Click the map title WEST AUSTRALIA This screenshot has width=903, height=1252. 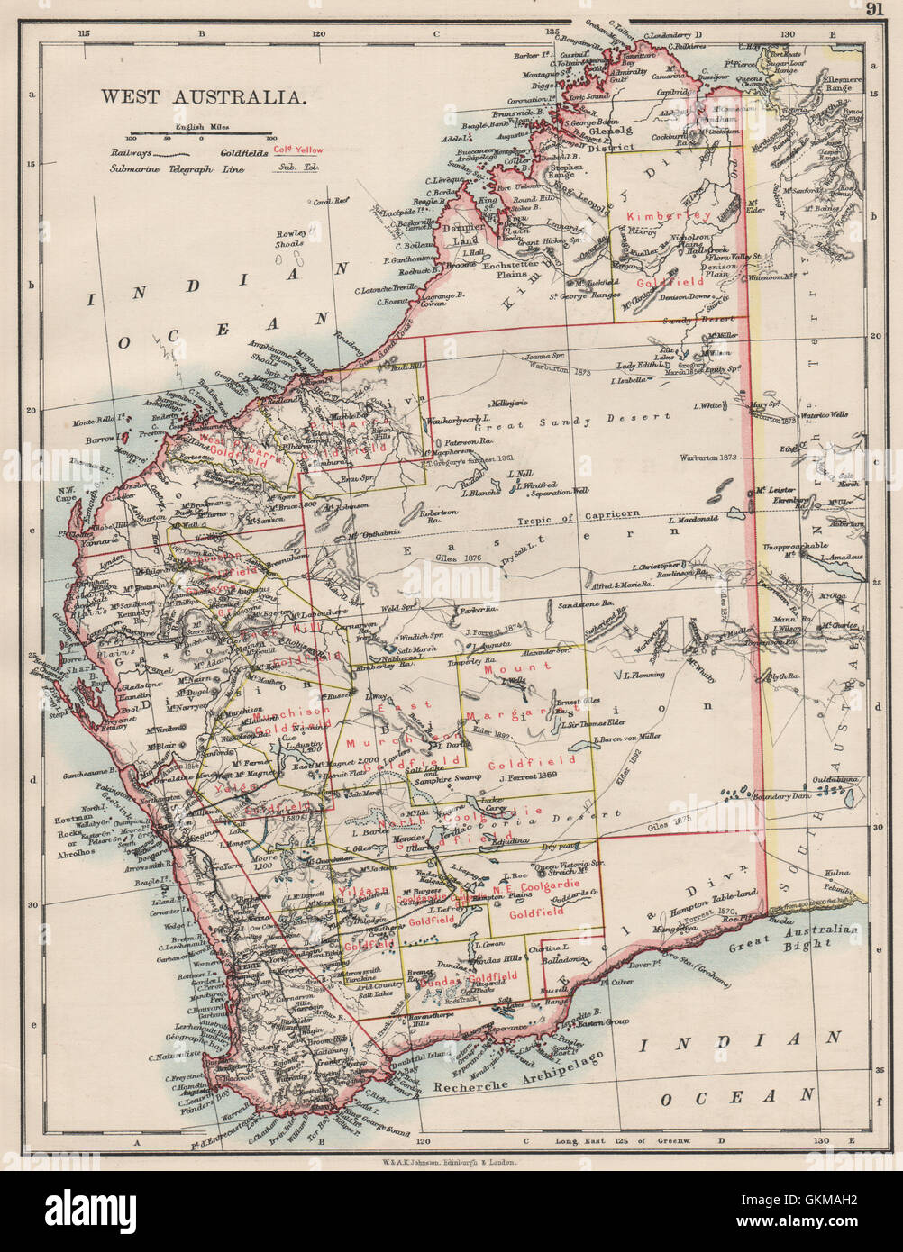pyautogui.click(x=203, y=95)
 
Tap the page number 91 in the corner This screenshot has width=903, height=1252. pyautogui.click(x=874, y=9)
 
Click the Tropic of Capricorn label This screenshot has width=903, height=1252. pyautogui.click(x=579, y=514)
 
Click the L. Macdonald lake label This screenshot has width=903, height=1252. pyautogui.click(x=694, y=520)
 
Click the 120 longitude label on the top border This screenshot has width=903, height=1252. pyautogui.click(x=317, y=33)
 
